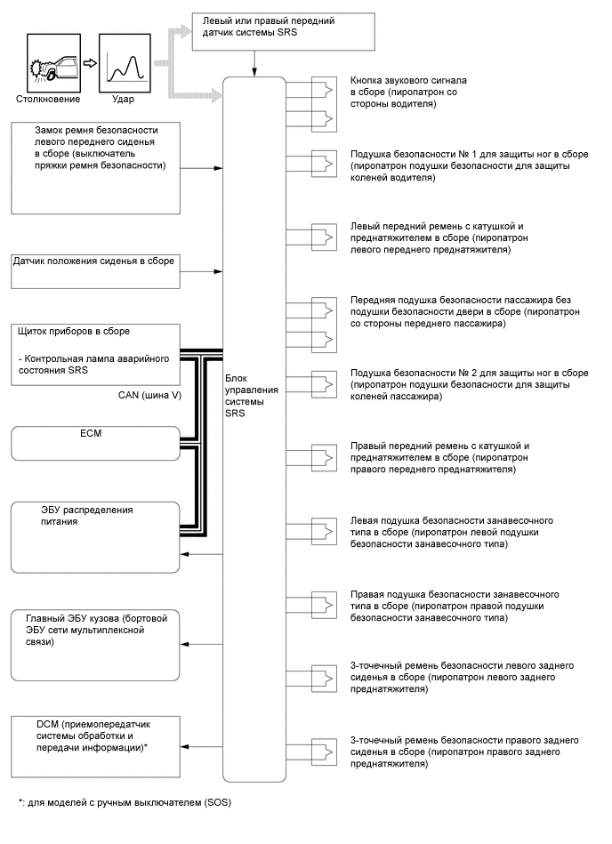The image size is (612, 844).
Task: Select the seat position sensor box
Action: tap(95, 270)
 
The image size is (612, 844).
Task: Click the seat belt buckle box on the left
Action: tap(95, 166)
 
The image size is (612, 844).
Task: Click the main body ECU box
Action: tap(95, 643)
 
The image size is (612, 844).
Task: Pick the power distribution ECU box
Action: tap(95, 537)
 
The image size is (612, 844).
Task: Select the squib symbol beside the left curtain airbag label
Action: tap(326, 531)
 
